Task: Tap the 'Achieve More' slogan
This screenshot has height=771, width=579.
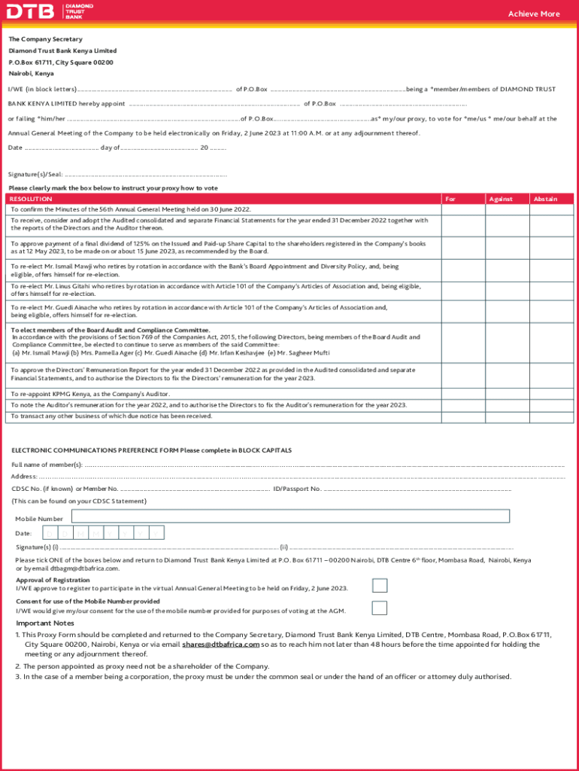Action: [533, 14]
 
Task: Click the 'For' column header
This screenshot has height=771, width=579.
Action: [450, 199]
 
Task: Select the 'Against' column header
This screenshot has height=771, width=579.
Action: [500, 199]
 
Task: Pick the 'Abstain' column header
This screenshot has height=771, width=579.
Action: [545, 199]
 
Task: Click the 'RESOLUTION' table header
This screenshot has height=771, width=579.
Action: [31, 199]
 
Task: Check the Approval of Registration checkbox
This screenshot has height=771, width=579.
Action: [380, 586]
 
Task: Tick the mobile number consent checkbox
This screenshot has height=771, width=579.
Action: [380, 608]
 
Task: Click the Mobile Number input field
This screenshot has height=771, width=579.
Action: [290, 517]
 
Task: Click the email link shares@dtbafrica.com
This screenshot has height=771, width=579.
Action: [220, 645]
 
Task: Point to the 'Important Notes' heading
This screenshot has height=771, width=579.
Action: [45, 623]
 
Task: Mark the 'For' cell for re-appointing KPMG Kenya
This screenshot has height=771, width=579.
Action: [462, 394]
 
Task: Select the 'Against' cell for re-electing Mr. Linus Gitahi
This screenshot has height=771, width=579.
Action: [508, 290]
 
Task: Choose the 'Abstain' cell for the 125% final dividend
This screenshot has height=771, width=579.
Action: [553, 248]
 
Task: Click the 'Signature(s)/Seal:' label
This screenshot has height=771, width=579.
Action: [35, 174]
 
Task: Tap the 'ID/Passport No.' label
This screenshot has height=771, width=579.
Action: [297, 489]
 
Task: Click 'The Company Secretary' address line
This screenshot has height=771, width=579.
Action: [45, 39]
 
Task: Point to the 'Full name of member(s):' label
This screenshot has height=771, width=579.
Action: [47, 465]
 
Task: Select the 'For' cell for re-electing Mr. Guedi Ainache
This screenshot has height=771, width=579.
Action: [462, 311]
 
